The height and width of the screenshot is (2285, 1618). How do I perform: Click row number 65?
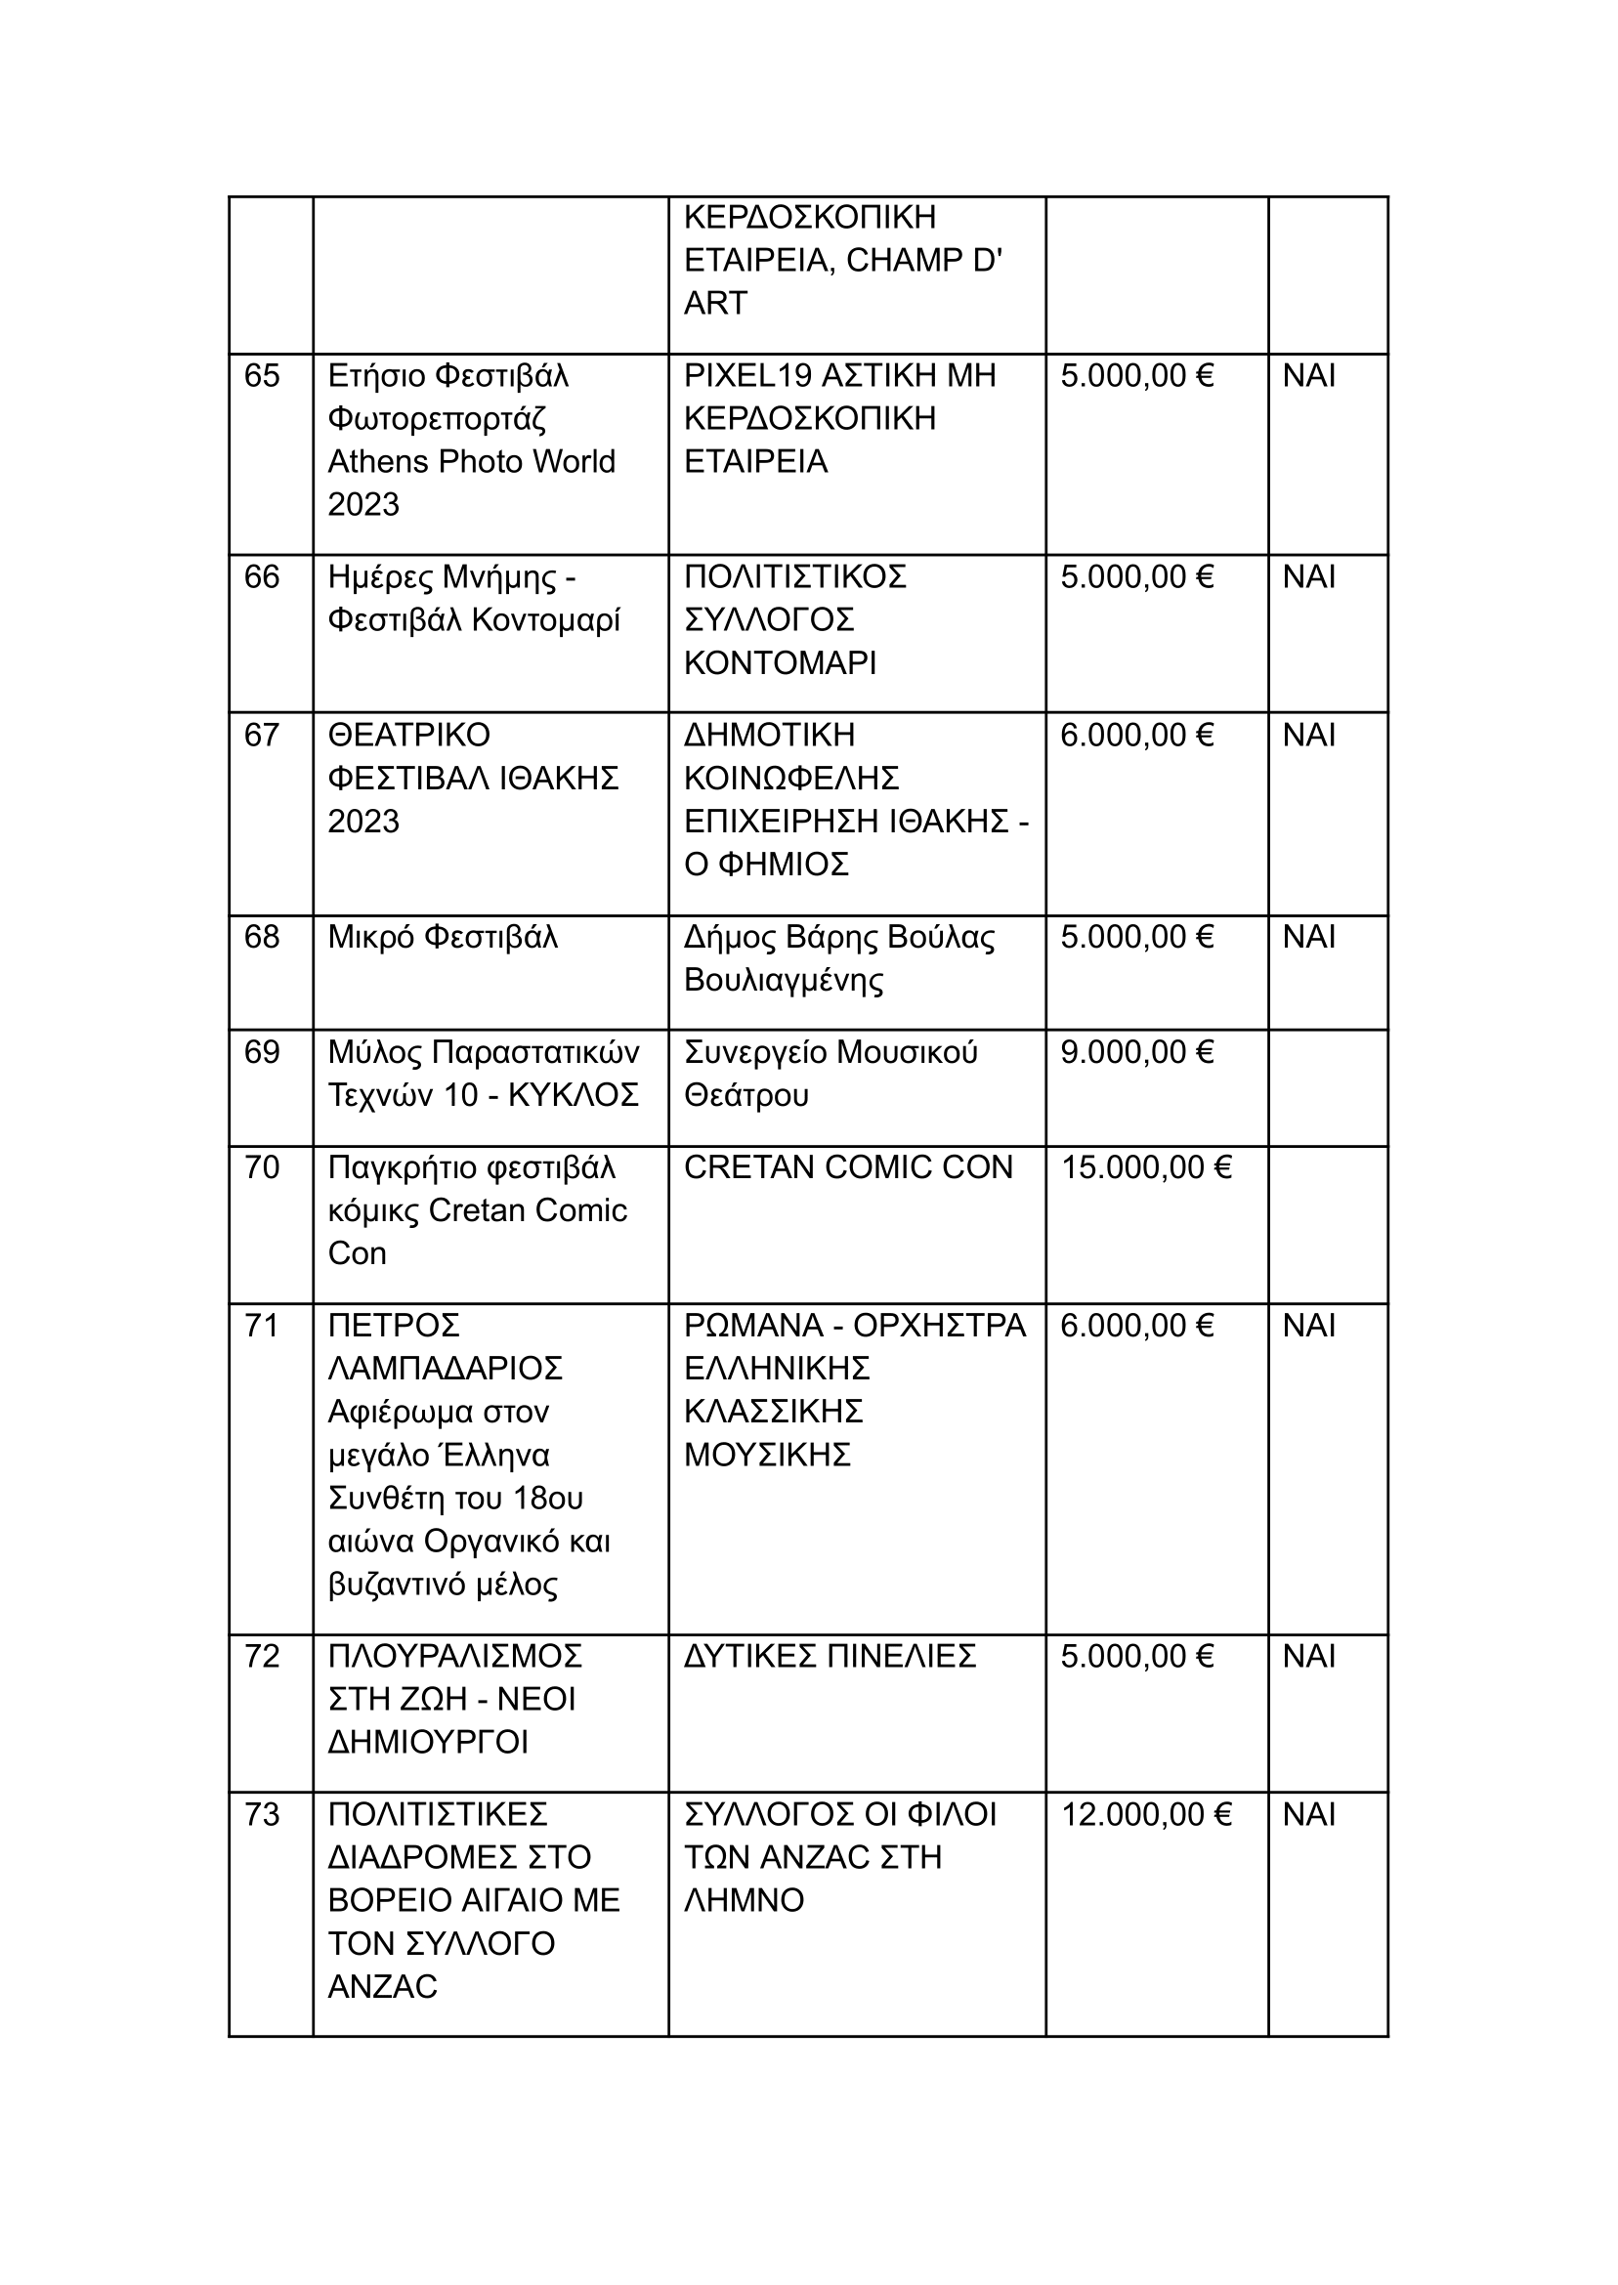pyautogui.click(x=261, y=375)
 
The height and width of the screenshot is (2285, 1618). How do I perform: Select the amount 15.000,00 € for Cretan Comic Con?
pyautogui.click(x=1146, y=1166)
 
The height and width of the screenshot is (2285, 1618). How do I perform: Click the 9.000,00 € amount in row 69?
pyautogui.click(x=1136, y=1052)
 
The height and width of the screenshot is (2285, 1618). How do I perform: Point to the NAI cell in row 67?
pyautogui.click(x=1308, y=735)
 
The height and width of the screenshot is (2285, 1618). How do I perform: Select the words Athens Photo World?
pyautogui.click(x=471, y=461)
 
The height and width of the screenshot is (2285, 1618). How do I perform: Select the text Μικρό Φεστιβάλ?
pyautogui.click(x=443, y=937)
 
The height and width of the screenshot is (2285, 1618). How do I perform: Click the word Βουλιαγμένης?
pyautogui.click(x=783, y=980)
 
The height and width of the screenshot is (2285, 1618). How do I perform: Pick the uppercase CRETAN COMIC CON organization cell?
pyautogui.click(x=848, y=1166)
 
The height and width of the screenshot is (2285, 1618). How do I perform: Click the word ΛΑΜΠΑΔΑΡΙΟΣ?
pyautogui.click(x=446, y=1369)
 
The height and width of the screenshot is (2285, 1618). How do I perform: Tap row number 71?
pyautogui.click(x=261, y=1326)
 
